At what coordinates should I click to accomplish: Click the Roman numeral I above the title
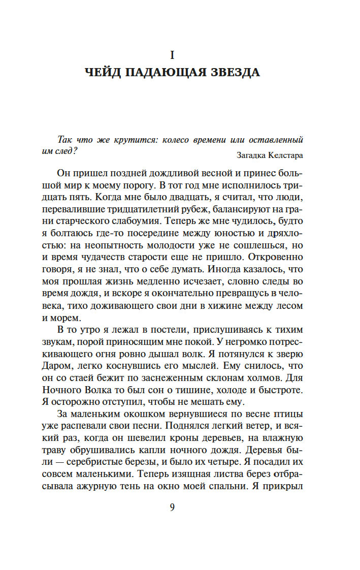pyautogui.click(x=172, y=53)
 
